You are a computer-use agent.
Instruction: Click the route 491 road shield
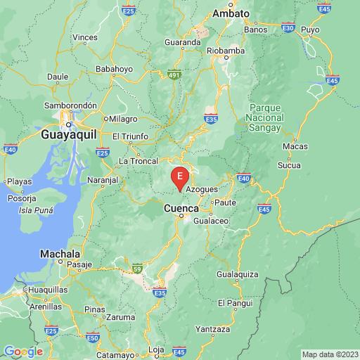click(174, 73)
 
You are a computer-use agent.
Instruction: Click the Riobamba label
click(229, 51)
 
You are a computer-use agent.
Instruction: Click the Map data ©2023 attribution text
click(330, 354)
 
